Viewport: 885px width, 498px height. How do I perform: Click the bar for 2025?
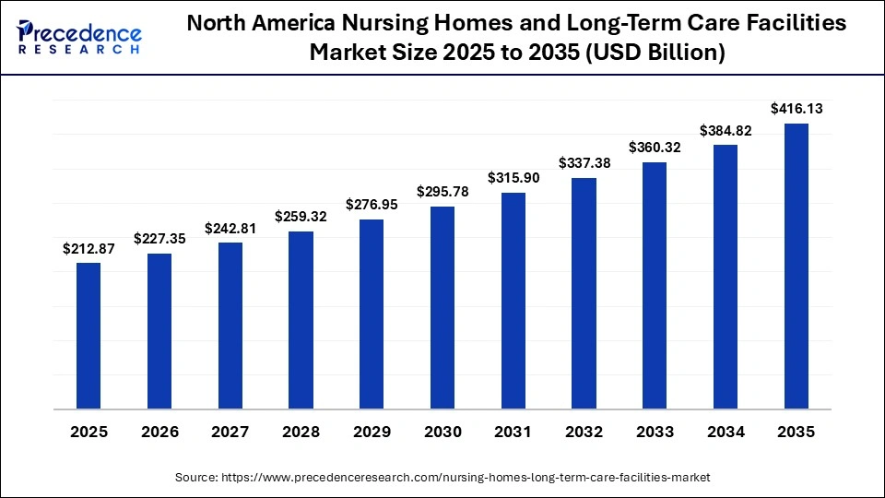pyautogui.click(x=88, y=336)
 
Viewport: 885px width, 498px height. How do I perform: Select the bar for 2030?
pyautogui.click(x=442, y=307)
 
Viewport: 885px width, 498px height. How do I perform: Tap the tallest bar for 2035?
pyautogui.click(x=796, y=266)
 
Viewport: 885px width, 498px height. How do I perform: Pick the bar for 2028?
pyautogui.click(x=301, y=320)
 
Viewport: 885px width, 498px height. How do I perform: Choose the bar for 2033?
pyautogui.click(x=655, y=285)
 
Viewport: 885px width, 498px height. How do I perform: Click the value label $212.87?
pyautogui.click(x=88, y=248)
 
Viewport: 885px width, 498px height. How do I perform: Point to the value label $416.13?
pyautogui.click(x=796, y=109)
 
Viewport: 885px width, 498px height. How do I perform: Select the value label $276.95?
pyautogui.click(x=372, y=205)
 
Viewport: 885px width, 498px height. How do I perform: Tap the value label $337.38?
pyautogui.click(x=584, y=163)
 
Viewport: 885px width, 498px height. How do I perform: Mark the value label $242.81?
pyautogui.click(x=230, y=228)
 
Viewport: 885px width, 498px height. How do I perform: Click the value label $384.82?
pyautogui.click(x=726, y=130)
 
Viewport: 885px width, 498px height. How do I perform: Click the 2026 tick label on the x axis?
pyautogui.click(x=159, y=432)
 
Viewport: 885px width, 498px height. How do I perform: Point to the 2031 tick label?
pyautogui.click(x=513, y=432)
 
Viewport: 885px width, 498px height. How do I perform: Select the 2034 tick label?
pyautogui.click(x=726, y=432)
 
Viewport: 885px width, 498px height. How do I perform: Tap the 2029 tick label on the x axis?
pyautogui.click(x=372, y=432)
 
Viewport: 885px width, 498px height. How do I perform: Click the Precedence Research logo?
pyautogui.click(x=79, y=36)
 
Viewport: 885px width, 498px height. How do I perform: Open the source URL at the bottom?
pyautogui.click(x=442, y=477)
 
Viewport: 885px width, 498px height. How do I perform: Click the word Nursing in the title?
pyautogui.click(x=392, y=25)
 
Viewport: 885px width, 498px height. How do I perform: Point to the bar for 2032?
pyautogui.click(x=584, y=293)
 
